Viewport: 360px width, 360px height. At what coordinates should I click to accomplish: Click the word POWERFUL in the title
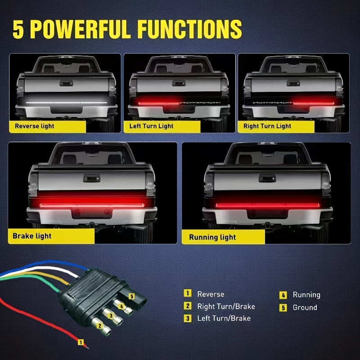(x=81, y=29)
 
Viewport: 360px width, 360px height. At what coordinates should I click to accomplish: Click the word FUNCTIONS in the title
(x=189, y=29)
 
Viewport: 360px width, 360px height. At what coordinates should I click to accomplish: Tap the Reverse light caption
(x=35, y=126)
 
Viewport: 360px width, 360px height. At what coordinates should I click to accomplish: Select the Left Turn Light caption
(x=151, y=126)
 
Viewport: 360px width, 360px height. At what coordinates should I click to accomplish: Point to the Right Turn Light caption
(x=267, y=126)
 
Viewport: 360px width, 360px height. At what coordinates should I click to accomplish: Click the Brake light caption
(x=32, y=236)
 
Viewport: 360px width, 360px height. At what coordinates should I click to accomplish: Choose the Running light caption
(x=212, y=237)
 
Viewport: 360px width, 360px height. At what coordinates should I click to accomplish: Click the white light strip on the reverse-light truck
(x=67, y=103)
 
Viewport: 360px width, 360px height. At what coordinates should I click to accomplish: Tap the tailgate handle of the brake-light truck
(x=92, y=178)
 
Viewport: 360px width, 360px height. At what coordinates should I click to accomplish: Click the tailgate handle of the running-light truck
(x=267, y=178)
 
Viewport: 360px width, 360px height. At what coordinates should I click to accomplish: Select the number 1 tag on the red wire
(x=81, y=342)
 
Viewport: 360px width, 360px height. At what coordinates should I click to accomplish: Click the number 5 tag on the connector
(x=131, y=297)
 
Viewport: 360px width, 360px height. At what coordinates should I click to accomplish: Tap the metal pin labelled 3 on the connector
(x=112, y=317)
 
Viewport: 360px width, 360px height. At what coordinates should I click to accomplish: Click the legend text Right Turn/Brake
(x=226, y=306)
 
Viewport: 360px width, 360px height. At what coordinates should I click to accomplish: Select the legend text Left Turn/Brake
(x=224, y=319)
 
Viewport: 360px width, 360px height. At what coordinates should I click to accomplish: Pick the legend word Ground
(x=305, y=307)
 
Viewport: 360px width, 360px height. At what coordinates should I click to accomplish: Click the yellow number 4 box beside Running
(x=283, y=295)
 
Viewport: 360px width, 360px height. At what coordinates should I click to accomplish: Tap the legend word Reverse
(x=211, y=294)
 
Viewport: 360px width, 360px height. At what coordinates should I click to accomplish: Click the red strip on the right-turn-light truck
(x=313, y=103)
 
